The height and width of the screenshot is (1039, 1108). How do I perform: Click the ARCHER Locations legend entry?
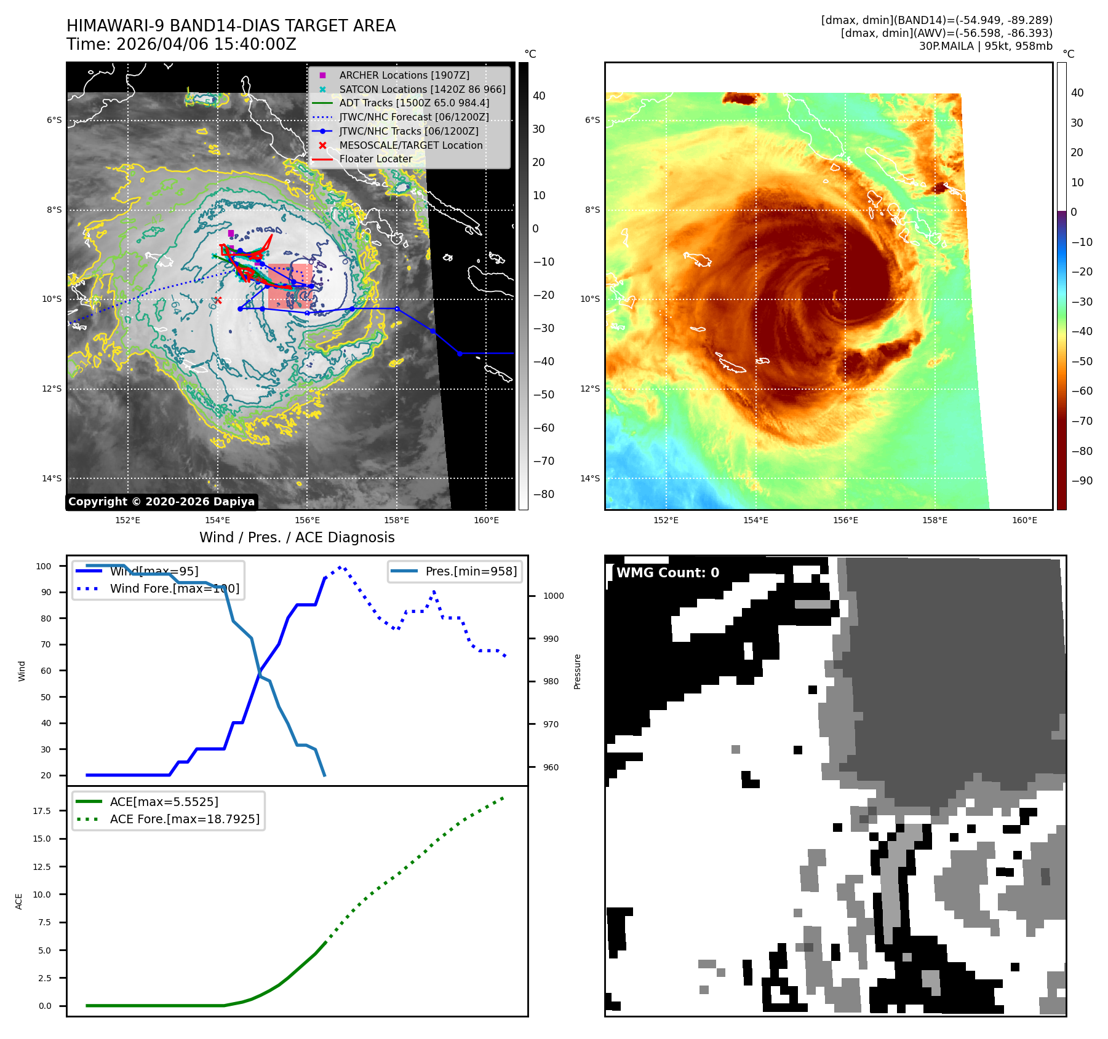(404, 75)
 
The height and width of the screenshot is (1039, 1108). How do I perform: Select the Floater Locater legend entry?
(375, 159)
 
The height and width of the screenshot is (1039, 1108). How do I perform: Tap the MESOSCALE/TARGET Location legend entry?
(410, 145)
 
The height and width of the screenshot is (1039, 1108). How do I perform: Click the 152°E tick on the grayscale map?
(127, 520)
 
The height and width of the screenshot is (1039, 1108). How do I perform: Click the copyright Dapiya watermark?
(161, 502)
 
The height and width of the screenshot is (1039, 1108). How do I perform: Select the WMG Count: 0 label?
(668, 573)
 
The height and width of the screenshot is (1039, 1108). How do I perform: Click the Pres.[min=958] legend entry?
(471, 571)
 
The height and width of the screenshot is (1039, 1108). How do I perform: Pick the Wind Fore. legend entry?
(174, 588)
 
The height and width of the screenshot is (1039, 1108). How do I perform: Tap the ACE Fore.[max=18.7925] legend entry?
(184, 819)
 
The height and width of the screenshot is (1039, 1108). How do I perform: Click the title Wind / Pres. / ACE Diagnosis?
(297, 537)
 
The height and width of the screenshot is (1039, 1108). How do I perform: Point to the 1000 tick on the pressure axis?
(553, 596)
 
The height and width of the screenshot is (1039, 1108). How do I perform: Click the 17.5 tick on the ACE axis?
(42, 811)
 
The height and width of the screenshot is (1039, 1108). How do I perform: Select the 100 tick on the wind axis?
(44, 566)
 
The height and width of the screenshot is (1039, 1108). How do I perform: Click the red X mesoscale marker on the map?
(218, 300)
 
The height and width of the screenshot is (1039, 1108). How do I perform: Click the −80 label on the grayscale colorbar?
(543, 494)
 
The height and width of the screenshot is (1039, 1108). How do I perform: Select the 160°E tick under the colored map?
(1024, 520)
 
